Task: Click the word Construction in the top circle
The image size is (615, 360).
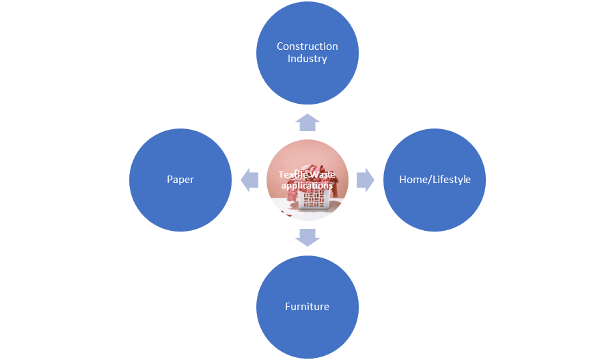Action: coord(307,46)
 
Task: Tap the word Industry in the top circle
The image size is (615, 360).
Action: coord(307,59)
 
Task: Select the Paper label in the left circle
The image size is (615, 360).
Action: coord(180,180)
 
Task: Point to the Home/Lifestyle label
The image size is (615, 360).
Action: coord(435,180)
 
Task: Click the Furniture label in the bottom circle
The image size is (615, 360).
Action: coord(307,306)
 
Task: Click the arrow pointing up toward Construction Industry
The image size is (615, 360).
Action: coord(307,122)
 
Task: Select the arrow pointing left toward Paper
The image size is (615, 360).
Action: coord(249,180)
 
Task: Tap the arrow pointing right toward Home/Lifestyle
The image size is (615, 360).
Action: coord(366,180)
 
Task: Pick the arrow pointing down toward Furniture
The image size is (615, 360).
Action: coord(307,238)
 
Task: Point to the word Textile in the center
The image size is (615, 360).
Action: coord(292,175)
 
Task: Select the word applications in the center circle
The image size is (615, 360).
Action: coord(307,185)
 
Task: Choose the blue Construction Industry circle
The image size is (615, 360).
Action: coord(307,75)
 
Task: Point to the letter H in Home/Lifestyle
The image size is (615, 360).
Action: coord(403,180)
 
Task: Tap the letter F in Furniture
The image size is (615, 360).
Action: coord(288,306)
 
